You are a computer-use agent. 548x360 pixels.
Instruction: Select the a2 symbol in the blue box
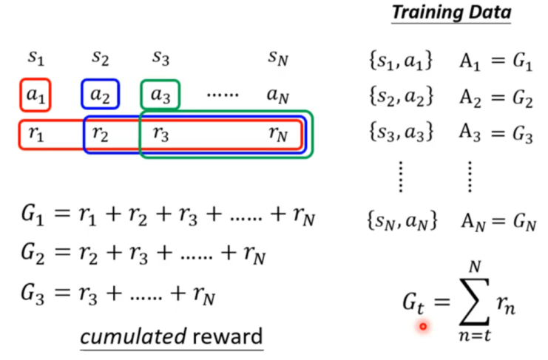(x=99, y=95)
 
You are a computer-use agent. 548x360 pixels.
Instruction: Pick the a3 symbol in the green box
(x=160, y=95)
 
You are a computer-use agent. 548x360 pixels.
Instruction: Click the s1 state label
(x=35, y=57)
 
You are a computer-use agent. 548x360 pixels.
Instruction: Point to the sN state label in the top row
(x=278, y=57)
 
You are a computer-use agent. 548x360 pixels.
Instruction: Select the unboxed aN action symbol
(x=278, y=95)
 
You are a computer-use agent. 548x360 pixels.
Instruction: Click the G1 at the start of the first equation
(x=35, y=219)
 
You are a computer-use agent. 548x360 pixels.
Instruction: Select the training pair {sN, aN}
(x=401, y=220)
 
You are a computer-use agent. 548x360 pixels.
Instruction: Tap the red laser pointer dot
(x=423, y=325)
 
